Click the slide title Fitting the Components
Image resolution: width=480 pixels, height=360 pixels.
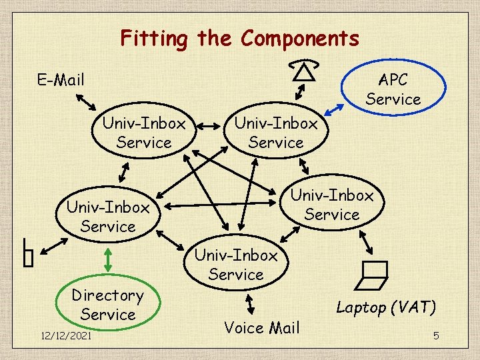239,39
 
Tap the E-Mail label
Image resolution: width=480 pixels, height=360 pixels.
61,81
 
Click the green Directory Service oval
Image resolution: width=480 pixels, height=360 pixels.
107,305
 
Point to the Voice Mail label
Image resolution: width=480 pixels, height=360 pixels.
262,327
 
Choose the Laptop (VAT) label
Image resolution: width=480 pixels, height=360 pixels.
386,307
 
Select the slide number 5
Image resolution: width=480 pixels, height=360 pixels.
436,335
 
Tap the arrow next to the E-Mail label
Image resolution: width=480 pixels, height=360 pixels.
87,101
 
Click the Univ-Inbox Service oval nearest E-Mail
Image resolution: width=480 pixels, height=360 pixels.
143,133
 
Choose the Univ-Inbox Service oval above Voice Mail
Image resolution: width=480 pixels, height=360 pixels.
235,265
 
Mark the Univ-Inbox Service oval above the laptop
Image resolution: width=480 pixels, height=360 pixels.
331,205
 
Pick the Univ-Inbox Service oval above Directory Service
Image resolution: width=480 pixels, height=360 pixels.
107,217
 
